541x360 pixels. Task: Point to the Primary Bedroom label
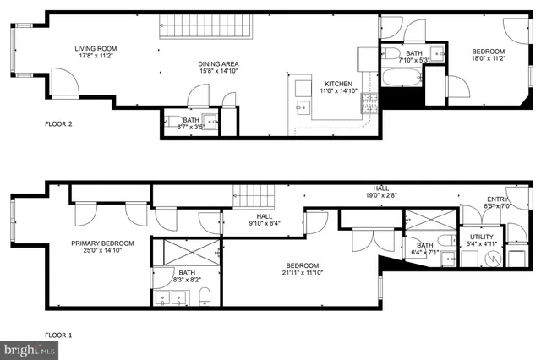tap(99, 243)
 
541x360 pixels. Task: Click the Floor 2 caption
tap(58, 123)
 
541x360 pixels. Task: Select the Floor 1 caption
tap(58, 335)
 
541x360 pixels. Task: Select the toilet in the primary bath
tap(205, 297)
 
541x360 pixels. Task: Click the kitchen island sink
tap(302, 106)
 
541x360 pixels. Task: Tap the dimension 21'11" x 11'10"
tap(302, 272)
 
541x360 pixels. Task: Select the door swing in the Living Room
tap(64, 83)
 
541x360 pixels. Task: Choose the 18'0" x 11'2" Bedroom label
tap(488, 56)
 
